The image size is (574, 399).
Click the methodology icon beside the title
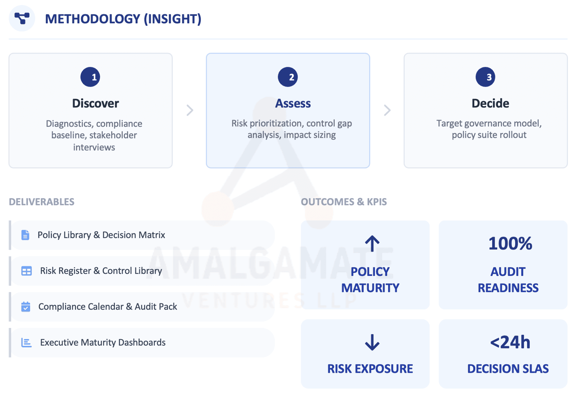(x=22, y=18)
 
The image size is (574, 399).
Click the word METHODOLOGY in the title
(x=93, y=19)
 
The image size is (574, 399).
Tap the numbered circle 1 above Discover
(x=90, y=77)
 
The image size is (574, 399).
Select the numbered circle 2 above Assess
(x=288, y=77)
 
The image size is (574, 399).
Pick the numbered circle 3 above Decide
(x=485, y=77)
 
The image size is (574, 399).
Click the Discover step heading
(x=95, y=103)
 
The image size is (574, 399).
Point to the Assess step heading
(x=293, y=103)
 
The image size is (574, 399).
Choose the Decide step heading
(x=490, y=103)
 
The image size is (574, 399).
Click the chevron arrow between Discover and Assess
(x=190, y=110)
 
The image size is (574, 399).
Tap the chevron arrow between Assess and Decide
(x=387, y=110)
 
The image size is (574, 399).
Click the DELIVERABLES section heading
(x=42, y=202)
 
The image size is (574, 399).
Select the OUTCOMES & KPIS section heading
(x=344, y=202)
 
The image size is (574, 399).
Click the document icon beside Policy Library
(x=25, y=235)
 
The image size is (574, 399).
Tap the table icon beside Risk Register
(x=27, y=271)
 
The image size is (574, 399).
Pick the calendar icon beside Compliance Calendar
(x=25, y=307)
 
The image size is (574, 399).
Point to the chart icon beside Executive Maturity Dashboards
(x=27, y=343)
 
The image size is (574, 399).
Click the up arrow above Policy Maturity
(x=372, y=243)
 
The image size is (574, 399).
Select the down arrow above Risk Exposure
(x=372, y=342)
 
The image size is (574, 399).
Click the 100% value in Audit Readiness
(x=510, y=243)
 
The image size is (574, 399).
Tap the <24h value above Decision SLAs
(x=510, y=342)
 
